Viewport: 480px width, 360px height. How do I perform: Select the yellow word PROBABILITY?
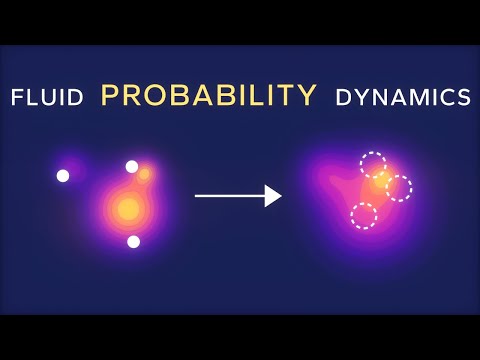point(209,96)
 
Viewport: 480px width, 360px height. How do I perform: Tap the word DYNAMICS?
point(403,97)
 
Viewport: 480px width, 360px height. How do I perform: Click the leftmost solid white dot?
point(63,176)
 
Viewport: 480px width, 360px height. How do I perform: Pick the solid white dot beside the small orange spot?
point(131,166)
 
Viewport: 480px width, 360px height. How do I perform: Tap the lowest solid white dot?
point(133,241)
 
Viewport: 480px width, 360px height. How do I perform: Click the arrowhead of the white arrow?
point(274,196)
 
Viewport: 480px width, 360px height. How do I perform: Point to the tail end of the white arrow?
point(197,196)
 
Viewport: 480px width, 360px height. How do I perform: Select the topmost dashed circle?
point(373,164)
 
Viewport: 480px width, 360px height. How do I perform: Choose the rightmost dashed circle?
point(398,188)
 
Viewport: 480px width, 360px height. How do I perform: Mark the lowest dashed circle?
point(364,215)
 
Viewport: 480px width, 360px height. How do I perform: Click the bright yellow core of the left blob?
point(127,209)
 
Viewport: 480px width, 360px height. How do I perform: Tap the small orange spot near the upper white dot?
point(145,174)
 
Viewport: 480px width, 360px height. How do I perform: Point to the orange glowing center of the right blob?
point(380,185)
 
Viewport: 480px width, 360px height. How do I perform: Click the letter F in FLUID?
point(16,97)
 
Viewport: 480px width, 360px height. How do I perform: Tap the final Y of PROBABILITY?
point(308,96)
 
